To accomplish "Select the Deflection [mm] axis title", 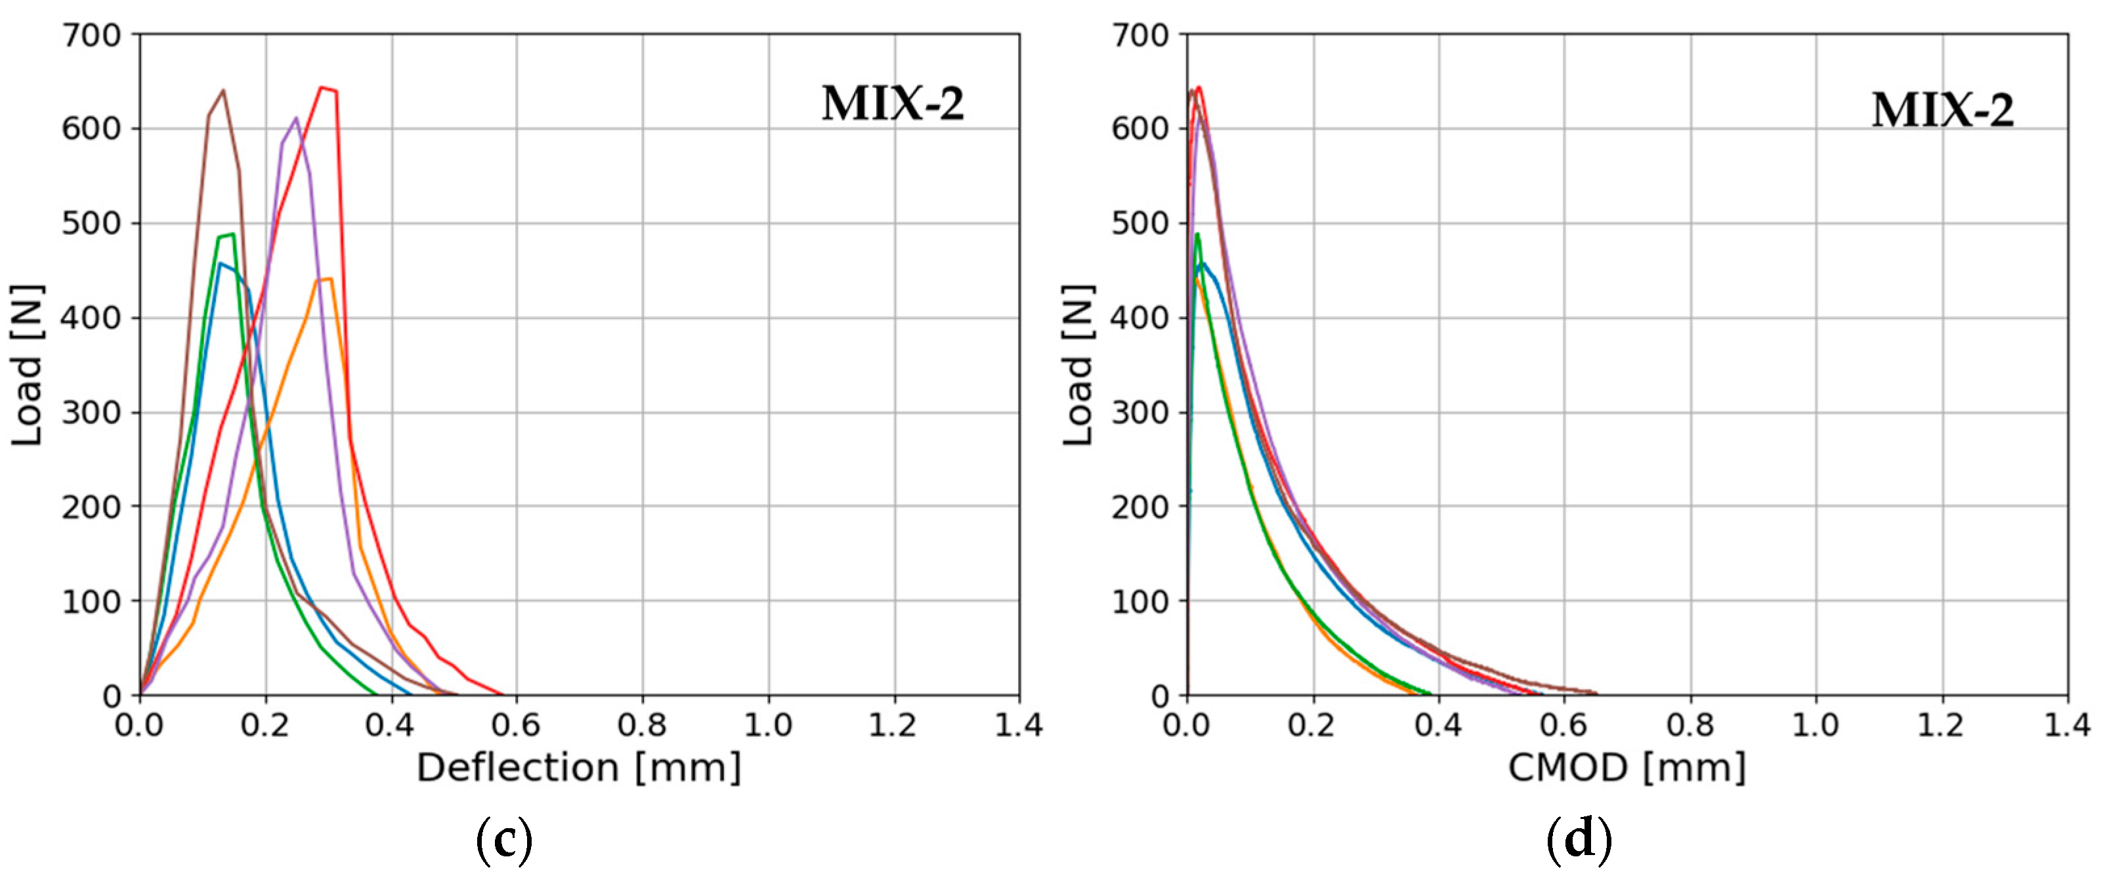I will point(578,768).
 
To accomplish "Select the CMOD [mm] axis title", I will point(1626,768).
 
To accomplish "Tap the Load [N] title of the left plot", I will point(27,366).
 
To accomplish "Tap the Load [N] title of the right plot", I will point(1077,366).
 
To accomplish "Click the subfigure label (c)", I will point(503,841).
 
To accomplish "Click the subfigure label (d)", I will point(1578,841).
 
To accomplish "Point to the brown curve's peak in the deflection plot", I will point(223,91).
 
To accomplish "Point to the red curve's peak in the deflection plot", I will point(321,87).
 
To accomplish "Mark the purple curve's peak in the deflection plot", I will point(296,117).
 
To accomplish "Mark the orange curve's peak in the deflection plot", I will point(330,280).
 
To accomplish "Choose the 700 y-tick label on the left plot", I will point(91,35).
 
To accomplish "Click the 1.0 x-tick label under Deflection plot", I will point(768,724).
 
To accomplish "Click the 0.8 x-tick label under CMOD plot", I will point(1690,724).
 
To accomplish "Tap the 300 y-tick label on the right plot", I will point(1140,413).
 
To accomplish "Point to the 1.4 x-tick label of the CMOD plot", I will point(2066,724).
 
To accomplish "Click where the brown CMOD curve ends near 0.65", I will point(1594,693).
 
